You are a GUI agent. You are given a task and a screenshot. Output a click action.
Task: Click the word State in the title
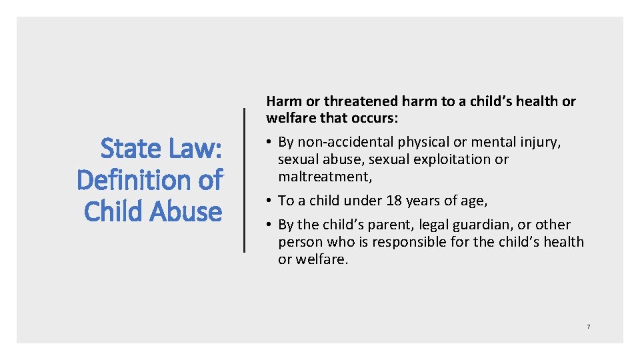(131, 149)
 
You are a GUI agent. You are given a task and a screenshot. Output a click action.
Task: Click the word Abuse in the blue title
(186, 211)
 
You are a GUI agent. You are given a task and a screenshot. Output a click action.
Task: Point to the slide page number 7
(588, 327)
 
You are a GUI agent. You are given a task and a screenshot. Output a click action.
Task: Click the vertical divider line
(245, 180)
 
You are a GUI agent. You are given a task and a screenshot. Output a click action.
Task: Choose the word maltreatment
(324, 177)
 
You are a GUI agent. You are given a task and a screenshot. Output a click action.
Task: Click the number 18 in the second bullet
(393, 201)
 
